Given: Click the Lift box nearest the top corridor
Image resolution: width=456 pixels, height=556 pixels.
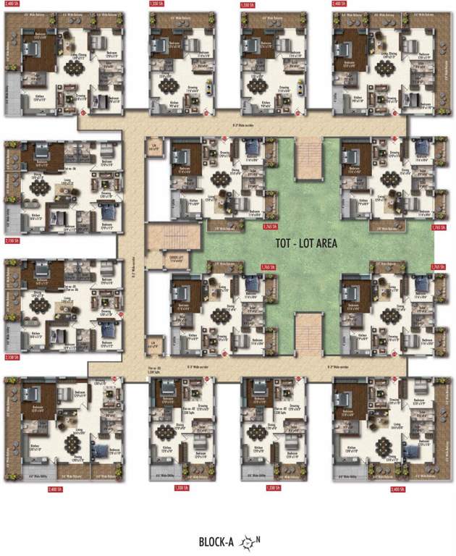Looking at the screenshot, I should click(153, 149).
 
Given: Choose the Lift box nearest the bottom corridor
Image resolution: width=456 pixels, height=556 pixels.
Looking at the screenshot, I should click(153, 343).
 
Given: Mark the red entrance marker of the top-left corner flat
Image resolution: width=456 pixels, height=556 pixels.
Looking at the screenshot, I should click(84, 112).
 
